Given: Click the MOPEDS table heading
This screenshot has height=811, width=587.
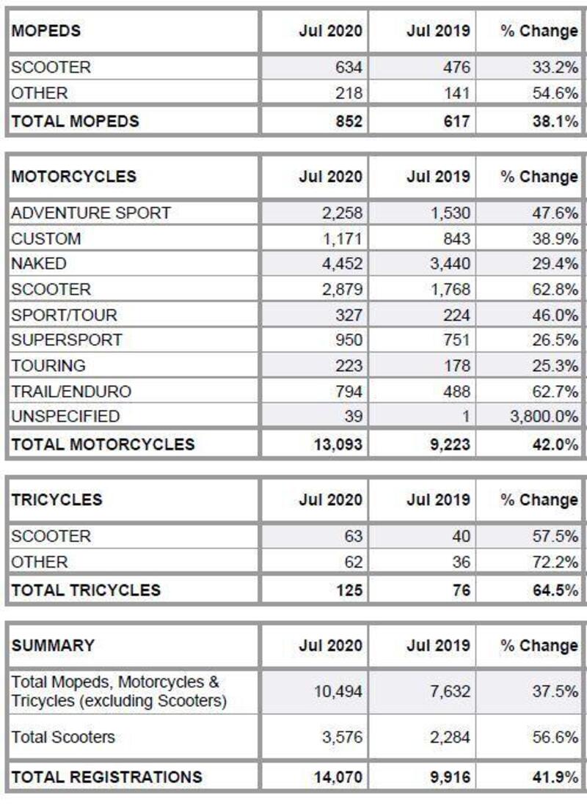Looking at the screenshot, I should (45, 31).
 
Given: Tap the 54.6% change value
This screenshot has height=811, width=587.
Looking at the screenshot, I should (555, 93).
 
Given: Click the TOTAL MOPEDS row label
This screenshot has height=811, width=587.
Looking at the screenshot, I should (75, 121).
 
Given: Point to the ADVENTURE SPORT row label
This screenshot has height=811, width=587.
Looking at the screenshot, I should (91, 213).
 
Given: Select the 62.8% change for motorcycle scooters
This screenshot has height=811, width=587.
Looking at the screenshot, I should (555, 290).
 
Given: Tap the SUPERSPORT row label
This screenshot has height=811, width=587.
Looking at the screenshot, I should (66, 340).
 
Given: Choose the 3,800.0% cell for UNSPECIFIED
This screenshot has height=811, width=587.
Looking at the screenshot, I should (544, 416).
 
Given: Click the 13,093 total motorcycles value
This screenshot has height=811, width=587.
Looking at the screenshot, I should (338, 444).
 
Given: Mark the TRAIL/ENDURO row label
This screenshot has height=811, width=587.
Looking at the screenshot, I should (71, 391).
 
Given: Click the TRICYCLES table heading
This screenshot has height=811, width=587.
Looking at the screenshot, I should (56, 500).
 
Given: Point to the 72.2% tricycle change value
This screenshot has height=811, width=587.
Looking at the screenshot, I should (555, 562).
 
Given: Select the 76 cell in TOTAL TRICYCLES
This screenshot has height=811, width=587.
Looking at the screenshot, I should (461, 590).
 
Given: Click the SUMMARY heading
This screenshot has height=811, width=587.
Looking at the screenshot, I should (53, 646).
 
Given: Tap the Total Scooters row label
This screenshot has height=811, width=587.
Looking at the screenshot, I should (63, 737).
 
